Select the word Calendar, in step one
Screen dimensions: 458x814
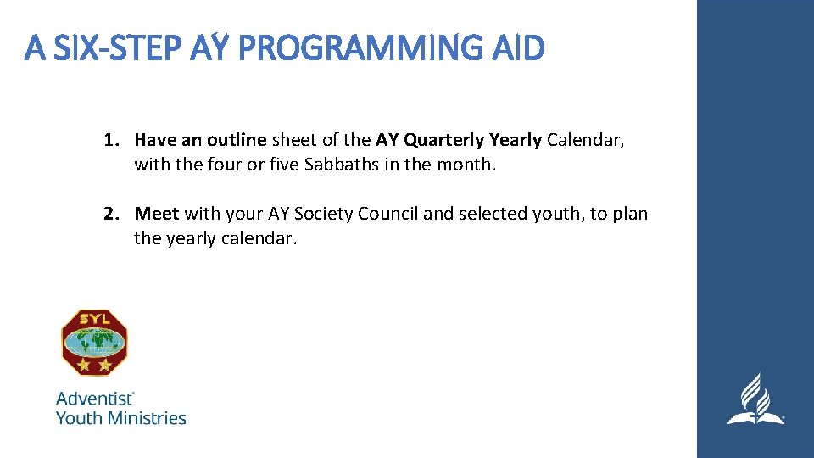[586, 140]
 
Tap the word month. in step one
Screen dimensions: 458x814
[466, 165]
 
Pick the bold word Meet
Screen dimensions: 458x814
[157, 214]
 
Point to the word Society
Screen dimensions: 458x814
[324, 214]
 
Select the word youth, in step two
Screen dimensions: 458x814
[559, 214]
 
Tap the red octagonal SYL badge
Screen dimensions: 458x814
[94, 342]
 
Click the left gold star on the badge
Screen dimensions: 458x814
[83, 366]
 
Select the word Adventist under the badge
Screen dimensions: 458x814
[94, 398]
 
